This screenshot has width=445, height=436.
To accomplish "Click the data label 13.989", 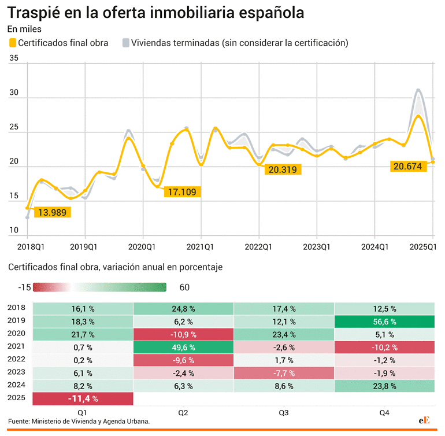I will [52, 212].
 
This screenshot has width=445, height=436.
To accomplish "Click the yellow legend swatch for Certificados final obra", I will [12, 43].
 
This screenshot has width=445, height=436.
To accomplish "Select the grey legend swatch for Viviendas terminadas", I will [125, 43].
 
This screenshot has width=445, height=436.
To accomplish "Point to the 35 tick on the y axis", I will [14, 58].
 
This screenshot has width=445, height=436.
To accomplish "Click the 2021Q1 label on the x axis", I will [201, 247].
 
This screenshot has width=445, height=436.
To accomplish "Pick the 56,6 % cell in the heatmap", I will [384, 322].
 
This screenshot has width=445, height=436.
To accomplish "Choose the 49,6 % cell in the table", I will [183, 348].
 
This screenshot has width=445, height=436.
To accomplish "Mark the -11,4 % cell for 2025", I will [83, 398].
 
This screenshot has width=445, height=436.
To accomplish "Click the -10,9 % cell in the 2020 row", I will [183, 334].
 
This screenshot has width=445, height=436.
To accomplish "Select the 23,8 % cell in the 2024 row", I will [384, 386].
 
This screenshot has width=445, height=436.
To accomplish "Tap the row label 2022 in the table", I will [17, 360].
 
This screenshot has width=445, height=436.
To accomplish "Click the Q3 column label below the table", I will [283, 412].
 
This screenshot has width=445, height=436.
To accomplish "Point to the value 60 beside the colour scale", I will [184, 287].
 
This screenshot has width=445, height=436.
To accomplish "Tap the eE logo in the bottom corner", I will [425, 421].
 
